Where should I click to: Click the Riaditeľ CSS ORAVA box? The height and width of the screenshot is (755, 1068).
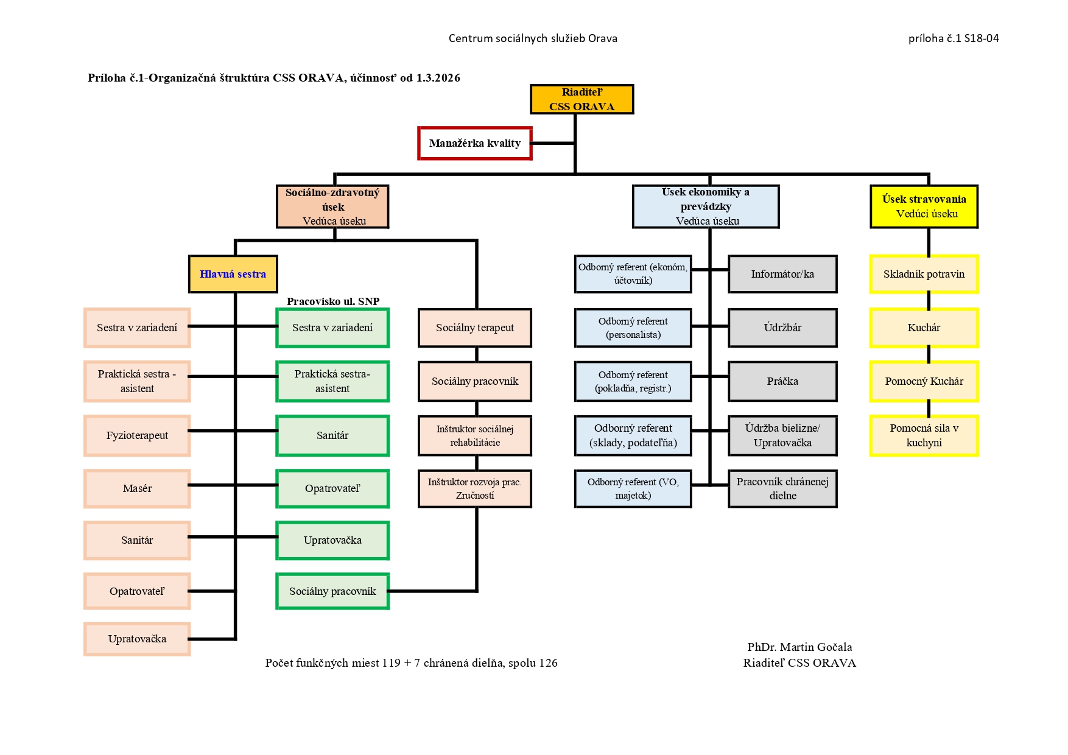point(581,99)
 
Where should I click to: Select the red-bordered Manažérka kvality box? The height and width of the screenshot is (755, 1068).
point(475,143)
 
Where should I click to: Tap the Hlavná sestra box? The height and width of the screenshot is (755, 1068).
point(233,274)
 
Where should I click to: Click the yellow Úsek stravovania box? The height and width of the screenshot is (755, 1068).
point(924,206)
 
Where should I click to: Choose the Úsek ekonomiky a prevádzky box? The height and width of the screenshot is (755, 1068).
point(706,206)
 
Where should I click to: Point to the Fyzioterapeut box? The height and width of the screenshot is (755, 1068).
point(137,435)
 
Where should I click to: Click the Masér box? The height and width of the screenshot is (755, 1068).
point(137,488)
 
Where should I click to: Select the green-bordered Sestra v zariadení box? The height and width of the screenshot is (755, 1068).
point(332,328)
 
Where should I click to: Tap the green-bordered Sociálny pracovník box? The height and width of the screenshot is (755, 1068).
point(332,591)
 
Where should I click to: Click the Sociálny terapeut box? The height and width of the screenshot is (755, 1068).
point(475,328)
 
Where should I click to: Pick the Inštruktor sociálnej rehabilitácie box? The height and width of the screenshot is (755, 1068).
point(475,435)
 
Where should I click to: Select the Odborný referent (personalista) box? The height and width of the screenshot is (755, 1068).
point(633,328)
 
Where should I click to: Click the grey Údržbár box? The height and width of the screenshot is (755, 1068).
point(782,328)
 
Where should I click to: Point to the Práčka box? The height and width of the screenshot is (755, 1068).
point(782,381)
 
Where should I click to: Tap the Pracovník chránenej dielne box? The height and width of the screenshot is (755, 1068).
point(782,488)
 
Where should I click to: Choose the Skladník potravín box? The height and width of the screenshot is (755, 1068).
point(924,274)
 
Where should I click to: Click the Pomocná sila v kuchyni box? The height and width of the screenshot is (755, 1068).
point(924,435)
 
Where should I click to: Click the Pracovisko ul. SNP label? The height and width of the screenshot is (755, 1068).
point(333,301)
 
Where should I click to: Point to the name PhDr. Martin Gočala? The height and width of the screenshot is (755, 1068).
point(799,647)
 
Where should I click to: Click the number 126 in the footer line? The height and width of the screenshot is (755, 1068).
point(548,663)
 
